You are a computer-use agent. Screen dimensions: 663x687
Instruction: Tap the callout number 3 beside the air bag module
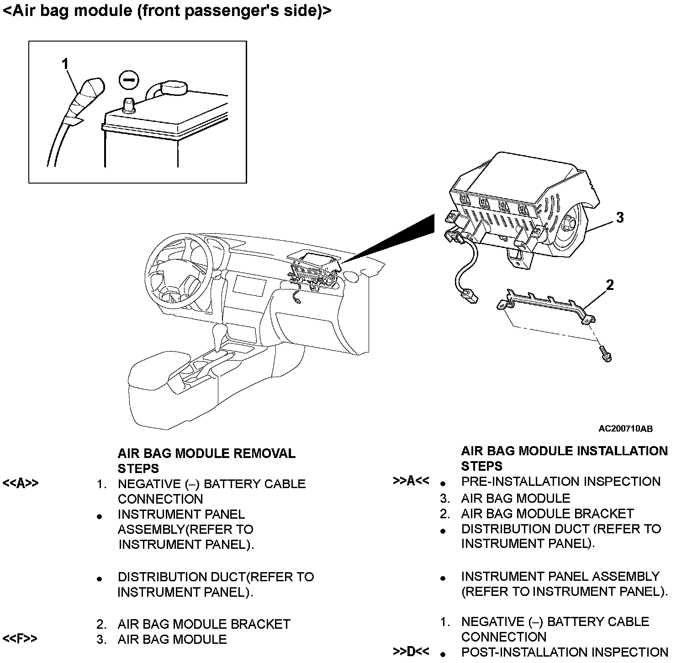tap(619, 217)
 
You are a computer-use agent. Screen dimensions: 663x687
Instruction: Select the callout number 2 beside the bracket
tap(609, 285)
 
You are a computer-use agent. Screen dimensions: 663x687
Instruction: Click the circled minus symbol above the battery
tap(128, 80)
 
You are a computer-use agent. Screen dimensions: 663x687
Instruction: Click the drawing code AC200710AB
tap(625, 428)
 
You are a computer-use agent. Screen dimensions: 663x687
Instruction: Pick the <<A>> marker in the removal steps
tap(21, 484)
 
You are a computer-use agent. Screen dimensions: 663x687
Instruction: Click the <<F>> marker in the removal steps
tap(20, 639)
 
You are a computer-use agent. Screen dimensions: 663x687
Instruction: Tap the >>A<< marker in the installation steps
tap(411, 481)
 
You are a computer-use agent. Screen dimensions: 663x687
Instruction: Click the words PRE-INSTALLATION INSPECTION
tap(560, 482)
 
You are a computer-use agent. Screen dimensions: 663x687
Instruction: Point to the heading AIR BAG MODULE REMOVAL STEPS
tap(206, 461)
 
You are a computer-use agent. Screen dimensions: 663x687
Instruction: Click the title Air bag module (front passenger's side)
tap(167, 11)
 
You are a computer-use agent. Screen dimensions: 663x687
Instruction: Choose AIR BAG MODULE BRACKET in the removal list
tap(204, 624)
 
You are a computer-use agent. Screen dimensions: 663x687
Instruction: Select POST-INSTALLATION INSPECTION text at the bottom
tap(565, 652)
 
